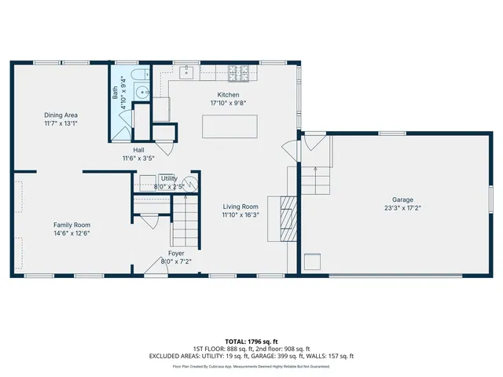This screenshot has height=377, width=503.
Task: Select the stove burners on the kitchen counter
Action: pyautogui.click(x=238, y=74)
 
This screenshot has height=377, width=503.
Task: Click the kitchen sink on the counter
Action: pyautogui.click(x=188, y=72)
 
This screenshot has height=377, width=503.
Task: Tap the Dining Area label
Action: pyautogui.click(x=60, y=115)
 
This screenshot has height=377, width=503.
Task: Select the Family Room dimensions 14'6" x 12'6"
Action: pyautogui.click(x=72, y=232)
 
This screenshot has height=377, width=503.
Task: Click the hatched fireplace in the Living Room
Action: pyautogui.click(x=288, y=212)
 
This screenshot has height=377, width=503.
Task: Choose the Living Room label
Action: pyautogui.click(x=240, y=206)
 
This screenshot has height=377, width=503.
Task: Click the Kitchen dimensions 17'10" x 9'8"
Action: pyautogui.click(x=228, y=103)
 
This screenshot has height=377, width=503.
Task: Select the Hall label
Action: pyautogui.click(x=138, y=149)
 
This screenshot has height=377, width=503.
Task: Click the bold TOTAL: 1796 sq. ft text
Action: pyautogui.click(x=251, y=341)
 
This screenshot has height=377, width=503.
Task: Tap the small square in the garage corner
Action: pyautogui.click(x=313, y=262)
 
